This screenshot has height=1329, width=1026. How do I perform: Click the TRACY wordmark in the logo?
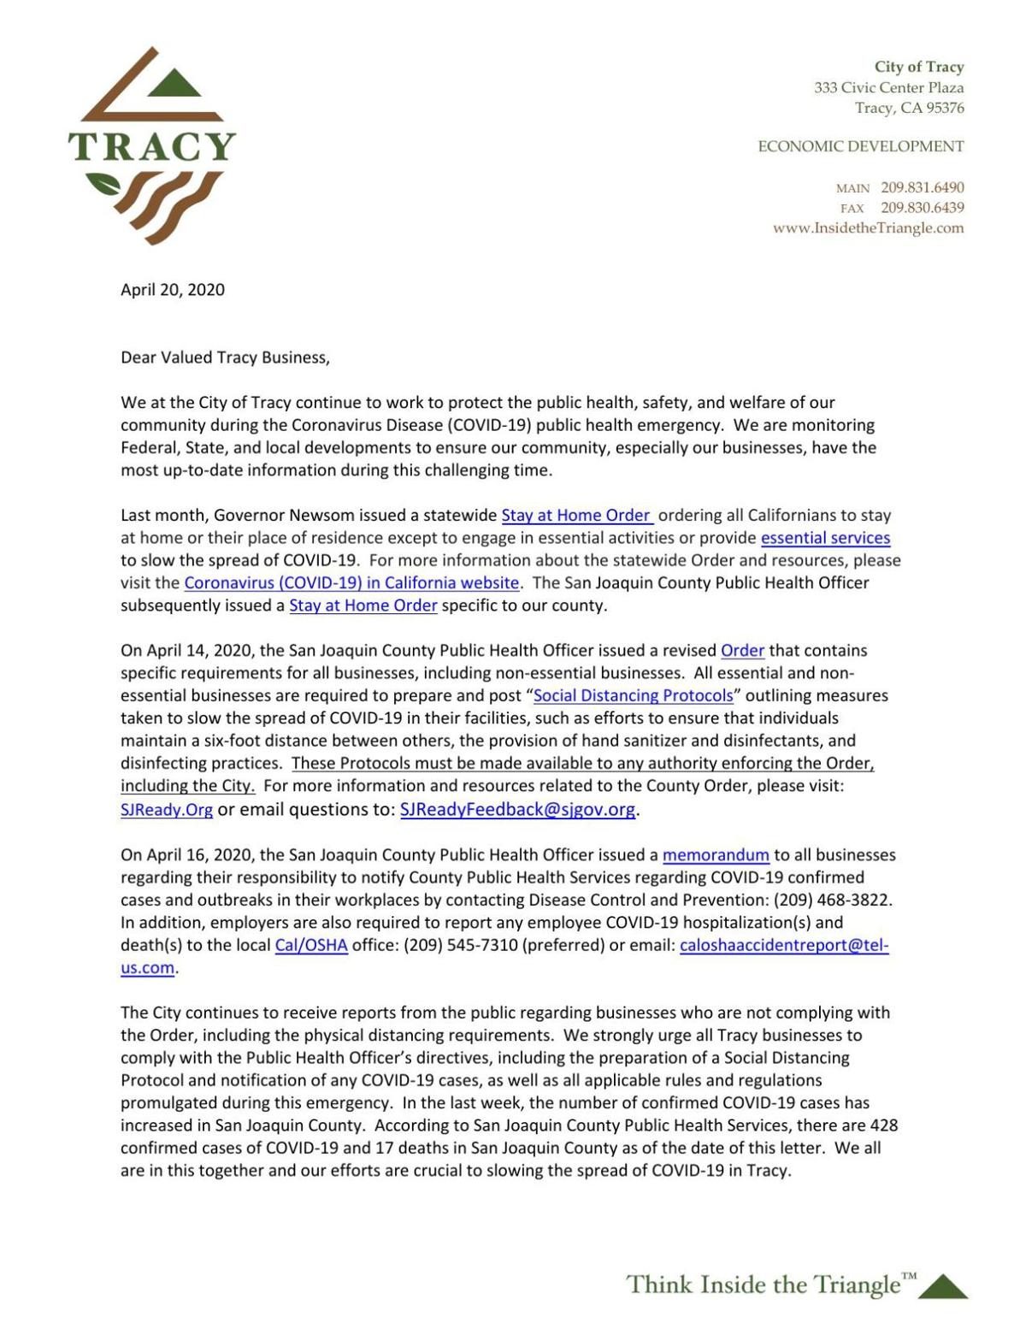tap(152, 147)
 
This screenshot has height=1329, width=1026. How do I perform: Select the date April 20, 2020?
tap(173, 290)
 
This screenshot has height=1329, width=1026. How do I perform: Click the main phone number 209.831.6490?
tap(923, 187)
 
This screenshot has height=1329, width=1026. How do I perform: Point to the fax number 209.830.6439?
tap(923, 208)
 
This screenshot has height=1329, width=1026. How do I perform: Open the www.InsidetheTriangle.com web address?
tap(868, 228)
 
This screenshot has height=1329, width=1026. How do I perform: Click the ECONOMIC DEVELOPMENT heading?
tap(861, 147)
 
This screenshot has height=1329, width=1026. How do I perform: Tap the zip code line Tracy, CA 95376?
tap(909, 108)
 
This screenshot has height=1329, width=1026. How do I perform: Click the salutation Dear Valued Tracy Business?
tap(225, 357)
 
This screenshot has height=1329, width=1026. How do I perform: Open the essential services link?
tap(825, 538)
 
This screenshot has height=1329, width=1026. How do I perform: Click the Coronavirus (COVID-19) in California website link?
tap(351, 583)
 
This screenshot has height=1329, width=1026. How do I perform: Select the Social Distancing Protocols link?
tap(633, 695)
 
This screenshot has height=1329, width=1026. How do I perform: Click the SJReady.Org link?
tap(167, 810)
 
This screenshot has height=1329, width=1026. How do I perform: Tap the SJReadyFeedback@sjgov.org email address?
tap(517, 810)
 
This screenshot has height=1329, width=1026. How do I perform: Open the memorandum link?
tap(716, 854)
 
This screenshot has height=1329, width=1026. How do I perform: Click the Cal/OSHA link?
tap(311, 946)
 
